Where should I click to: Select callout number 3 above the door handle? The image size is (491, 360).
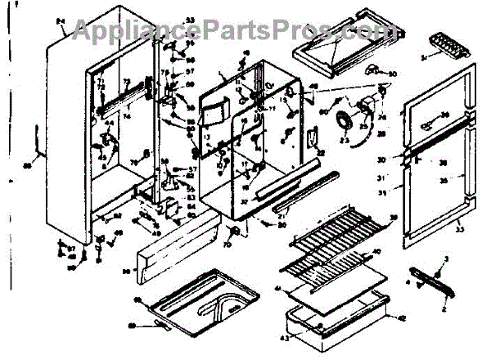446,259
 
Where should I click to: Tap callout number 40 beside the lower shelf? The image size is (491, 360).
377,251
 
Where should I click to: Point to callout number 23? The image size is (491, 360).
345,141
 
